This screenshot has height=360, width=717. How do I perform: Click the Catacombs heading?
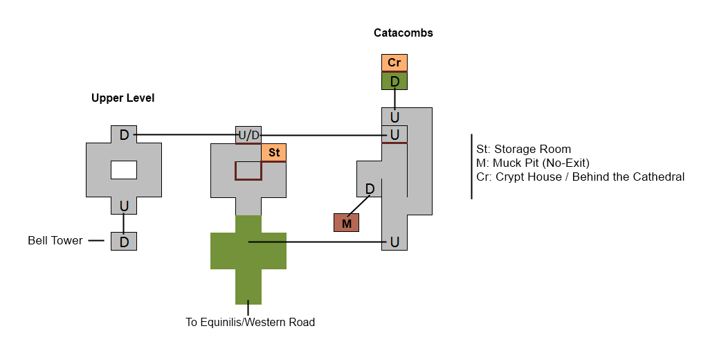(x=403, y=33)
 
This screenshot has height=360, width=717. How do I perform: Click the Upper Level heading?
(x=123, y=98)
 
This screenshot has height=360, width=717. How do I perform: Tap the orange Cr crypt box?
(x=394, y=62)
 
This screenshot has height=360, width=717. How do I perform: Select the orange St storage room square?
(x=274, y=152)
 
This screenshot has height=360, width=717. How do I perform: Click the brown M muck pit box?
(x=347, y=223)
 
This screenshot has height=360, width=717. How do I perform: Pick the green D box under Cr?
(x=394, y=82)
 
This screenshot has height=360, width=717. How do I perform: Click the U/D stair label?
(x=249, y=134)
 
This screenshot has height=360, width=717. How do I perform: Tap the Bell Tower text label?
(x=55, y=241)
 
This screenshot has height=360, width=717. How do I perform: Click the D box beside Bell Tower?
(x=124, y=242)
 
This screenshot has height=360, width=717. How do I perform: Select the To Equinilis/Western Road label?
(x=250, y=322)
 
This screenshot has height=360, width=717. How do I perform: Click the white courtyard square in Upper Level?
(x=124, y=170)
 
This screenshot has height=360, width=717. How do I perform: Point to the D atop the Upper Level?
(x=124, y=134)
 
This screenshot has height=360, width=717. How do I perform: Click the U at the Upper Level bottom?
(x=124, y=206)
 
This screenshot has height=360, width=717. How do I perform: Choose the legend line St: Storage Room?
(x=524, y=150)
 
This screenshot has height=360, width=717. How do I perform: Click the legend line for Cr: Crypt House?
(x=580, y=177)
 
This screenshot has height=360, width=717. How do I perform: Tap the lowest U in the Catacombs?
(x=394, y=242)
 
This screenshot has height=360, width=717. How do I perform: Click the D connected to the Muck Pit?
(x=370, y=188)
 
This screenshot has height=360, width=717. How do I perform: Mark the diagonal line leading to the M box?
(x=358, y=205)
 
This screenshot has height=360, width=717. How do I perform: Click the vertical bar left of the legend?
(x=472, y=166)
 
